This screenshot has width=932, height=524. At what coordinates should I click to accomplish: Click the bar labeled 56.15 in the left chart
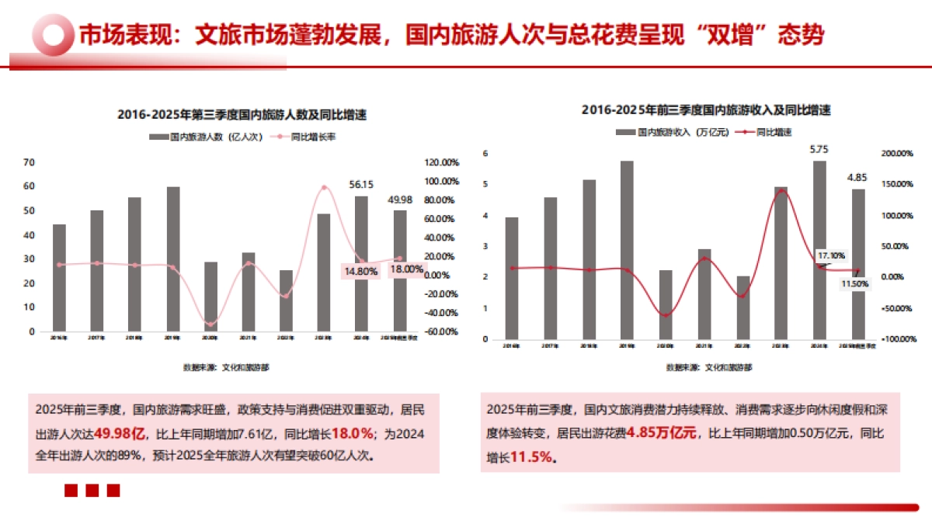[361, 264]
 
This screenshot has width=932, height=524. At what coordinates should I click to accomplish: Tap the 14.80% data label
[361, 271]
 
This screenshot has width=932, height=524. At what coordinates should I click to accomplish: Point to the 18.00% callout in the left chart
[406, 269]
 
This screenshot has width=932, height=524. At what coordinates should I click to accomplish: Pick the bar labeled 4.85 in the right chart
[857, 264]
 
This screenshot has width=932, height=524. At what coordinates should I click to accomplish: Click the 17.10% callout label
[831, 255]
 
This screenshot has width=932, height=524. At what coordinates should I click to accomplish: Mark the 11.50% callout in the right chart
[855, 284]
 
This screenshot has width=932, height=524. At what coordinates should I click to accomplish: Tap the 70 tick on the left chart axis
[30, 162]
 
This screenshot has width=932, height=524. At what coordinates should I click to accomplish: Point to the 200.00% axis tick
[897, 154]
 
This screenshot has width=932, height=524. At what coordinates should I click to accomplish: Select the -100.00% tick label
[897, 339]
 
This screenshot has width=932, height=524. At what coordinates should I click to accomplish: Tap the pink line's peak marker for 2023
[324, 187]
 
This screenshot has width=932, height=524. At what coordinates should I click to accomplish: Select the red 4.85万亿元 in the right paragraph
[662, 433]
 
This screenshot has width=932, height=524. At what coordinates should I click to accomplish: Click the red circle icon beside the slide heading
[52, 35]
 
